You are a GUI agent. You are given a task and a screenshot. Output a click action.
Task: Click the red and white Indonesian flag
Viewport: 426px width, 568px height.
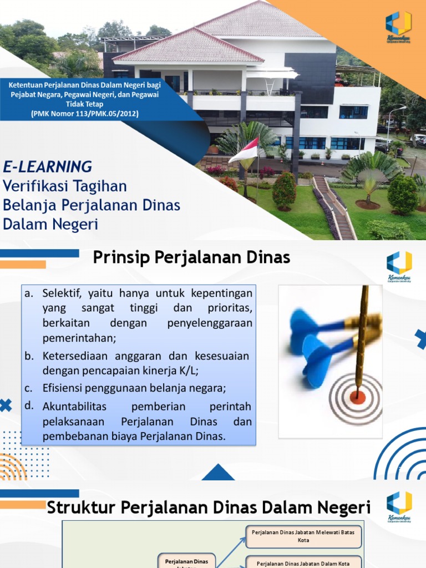pos(244,150)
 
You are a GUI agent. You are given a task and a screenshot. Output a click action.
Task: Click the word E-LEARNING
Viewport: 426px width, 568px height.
pos(48,166)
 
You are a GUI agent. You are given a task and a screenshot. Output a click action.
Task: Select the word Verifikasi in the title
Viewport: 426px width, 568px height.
pos(37,186)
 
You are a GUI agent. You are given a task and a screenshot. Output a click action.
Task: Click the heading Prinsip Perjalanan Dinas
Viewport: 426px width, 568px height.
pos(191,257)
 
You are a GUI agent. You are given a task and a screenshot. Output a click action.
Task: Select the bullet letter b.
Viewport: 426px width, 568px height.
pos(29,356)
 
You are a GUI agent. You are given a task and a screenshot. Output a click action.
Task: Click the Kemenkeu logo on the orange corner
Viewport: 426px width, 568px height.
pos(398,26)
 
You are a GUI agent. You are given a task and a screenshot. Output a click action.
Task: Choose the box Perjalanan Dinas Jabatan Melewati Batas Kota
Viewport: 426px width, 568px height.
pos(303,536)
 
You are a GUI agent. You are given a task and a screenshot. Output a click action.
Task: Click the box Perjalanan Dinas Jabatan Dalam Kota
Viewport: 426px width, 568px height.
pos(303,562)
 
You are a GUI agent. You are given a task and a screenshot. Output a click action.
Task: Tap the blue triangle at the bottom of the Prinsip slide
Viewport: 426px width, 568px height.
pos(218,473)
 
